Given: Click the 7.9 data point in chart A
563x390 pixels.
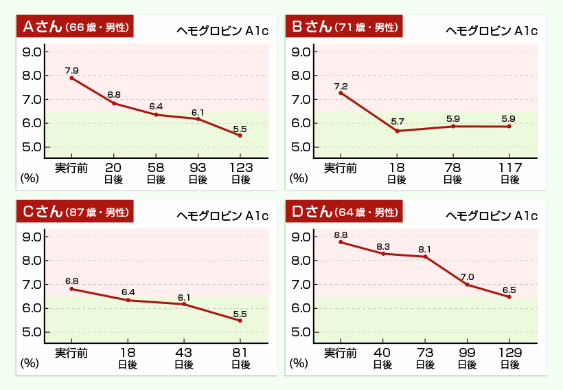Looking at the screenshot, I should click(71, 78).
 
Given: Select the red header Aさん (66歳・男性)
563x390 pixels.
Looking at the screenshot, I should click(74, 27).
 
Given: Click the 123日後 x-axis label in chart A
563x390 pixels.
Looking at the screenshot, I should click(240, 173).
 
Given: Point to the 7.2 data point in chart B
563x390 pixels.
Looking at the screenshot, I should click(341, 92).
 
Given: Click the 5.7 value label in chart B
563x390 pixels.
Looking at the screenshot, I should click(397, 122).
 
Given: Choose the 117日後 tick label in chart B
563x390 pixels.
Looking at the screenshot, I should click(509, 173).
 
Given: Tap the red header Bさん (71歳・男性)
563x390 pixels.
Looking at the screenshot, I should click(343, 27).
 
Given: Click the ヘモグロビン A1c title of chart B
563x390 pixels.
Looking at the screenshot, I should click(491, 30).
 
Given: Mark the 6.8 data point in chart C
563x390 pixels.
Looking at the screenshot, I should click(71, 289).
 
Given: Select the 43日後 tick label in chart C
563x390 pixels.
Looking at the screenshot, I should click(183, 358).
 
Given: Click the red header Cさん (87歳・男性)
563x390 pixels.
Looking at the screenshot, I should click(74, 212).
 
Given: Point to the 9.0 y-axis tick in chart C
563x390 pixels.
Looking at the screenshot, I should click(32, 237).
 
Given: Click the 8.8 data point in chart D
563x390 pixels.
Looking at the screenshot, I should click(341, 242).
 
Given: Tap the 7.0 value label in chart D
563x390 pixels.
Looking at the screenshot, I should click(467, 277).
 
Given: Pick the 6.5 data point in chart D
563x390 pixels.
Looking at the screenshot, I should click(509, 296).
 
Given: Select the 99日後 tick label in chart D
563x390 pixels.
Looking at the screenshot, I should click(467, 358).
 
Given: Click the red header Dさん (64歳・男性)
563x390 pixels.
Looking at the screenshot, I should click(343, 212).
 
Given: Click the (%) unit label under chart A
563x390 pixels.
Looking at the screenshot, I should click(30, 177).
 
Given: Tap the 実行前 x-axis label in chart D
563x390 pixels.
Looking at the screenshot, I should click(341, 353).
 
